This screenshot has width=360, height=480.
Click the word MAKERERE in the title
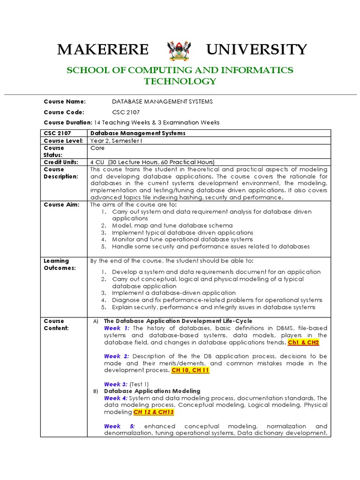pos(103,50)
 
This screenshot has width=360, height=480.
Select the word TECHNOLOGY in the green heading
pos(180,81)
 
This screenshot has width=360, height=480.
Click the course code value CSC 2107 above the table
pos(126,112)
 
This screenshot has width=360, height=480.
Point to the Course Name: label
pos(65,101)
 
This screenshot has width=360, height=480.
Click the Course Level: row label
pos(63,141)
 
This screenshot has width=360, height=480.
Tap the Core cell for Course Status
pos(97,148)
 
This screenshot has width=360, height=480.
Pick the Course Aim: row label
pos(61,204)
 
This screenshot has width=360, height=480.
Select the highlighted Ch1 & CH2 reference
pos(303,343)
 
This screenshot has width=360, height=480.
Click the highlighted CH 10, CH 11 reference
pos(190,370)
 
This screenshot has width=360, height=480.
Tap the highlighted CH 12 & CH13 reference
pos(154,412)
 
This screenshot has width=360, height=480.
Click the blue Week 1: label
pos(116,328)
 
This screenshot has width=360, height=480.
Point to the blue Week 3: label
pos(116,384)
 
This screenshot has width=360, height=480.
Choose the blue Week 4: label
pos(116,398)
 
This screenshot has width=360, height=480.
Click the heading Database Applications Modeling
pos(152,391)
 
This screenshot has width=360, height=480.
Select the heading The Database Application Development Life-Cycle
pos(178,321)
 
